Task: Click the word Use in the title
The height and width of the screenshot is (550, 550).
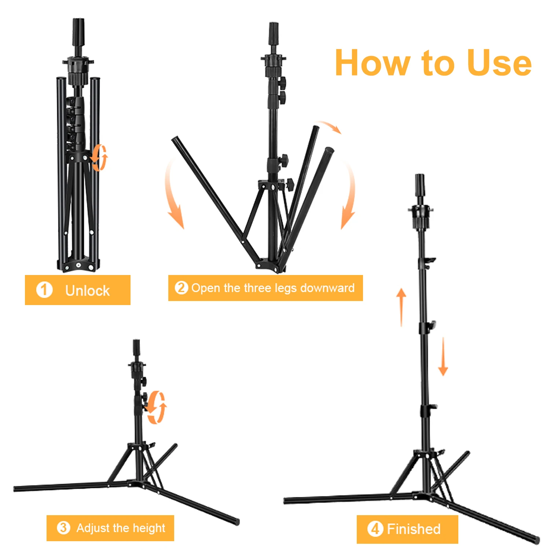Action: click(499, 63)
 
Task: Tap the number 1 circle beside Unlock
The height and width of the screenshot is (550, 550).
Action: click(44, 290)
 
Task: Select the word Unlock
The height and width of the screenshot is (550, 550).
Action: click(87, 291)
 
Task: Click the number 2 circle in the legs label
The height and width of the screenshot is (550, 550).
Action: click(181, 288)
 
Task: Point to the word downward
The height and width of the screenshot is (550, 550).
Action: click(327, 288)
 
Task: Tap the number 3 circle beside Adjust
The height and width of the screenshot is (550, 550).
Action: click(63, 528)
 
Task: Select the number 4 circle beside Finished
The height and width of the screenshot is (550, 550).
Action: click(375, 529)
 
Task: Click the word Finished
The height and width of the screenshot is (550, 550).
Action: click(414, 529)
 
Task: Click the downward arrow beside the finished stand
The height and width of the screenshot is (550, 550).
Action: click(443, 356)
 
